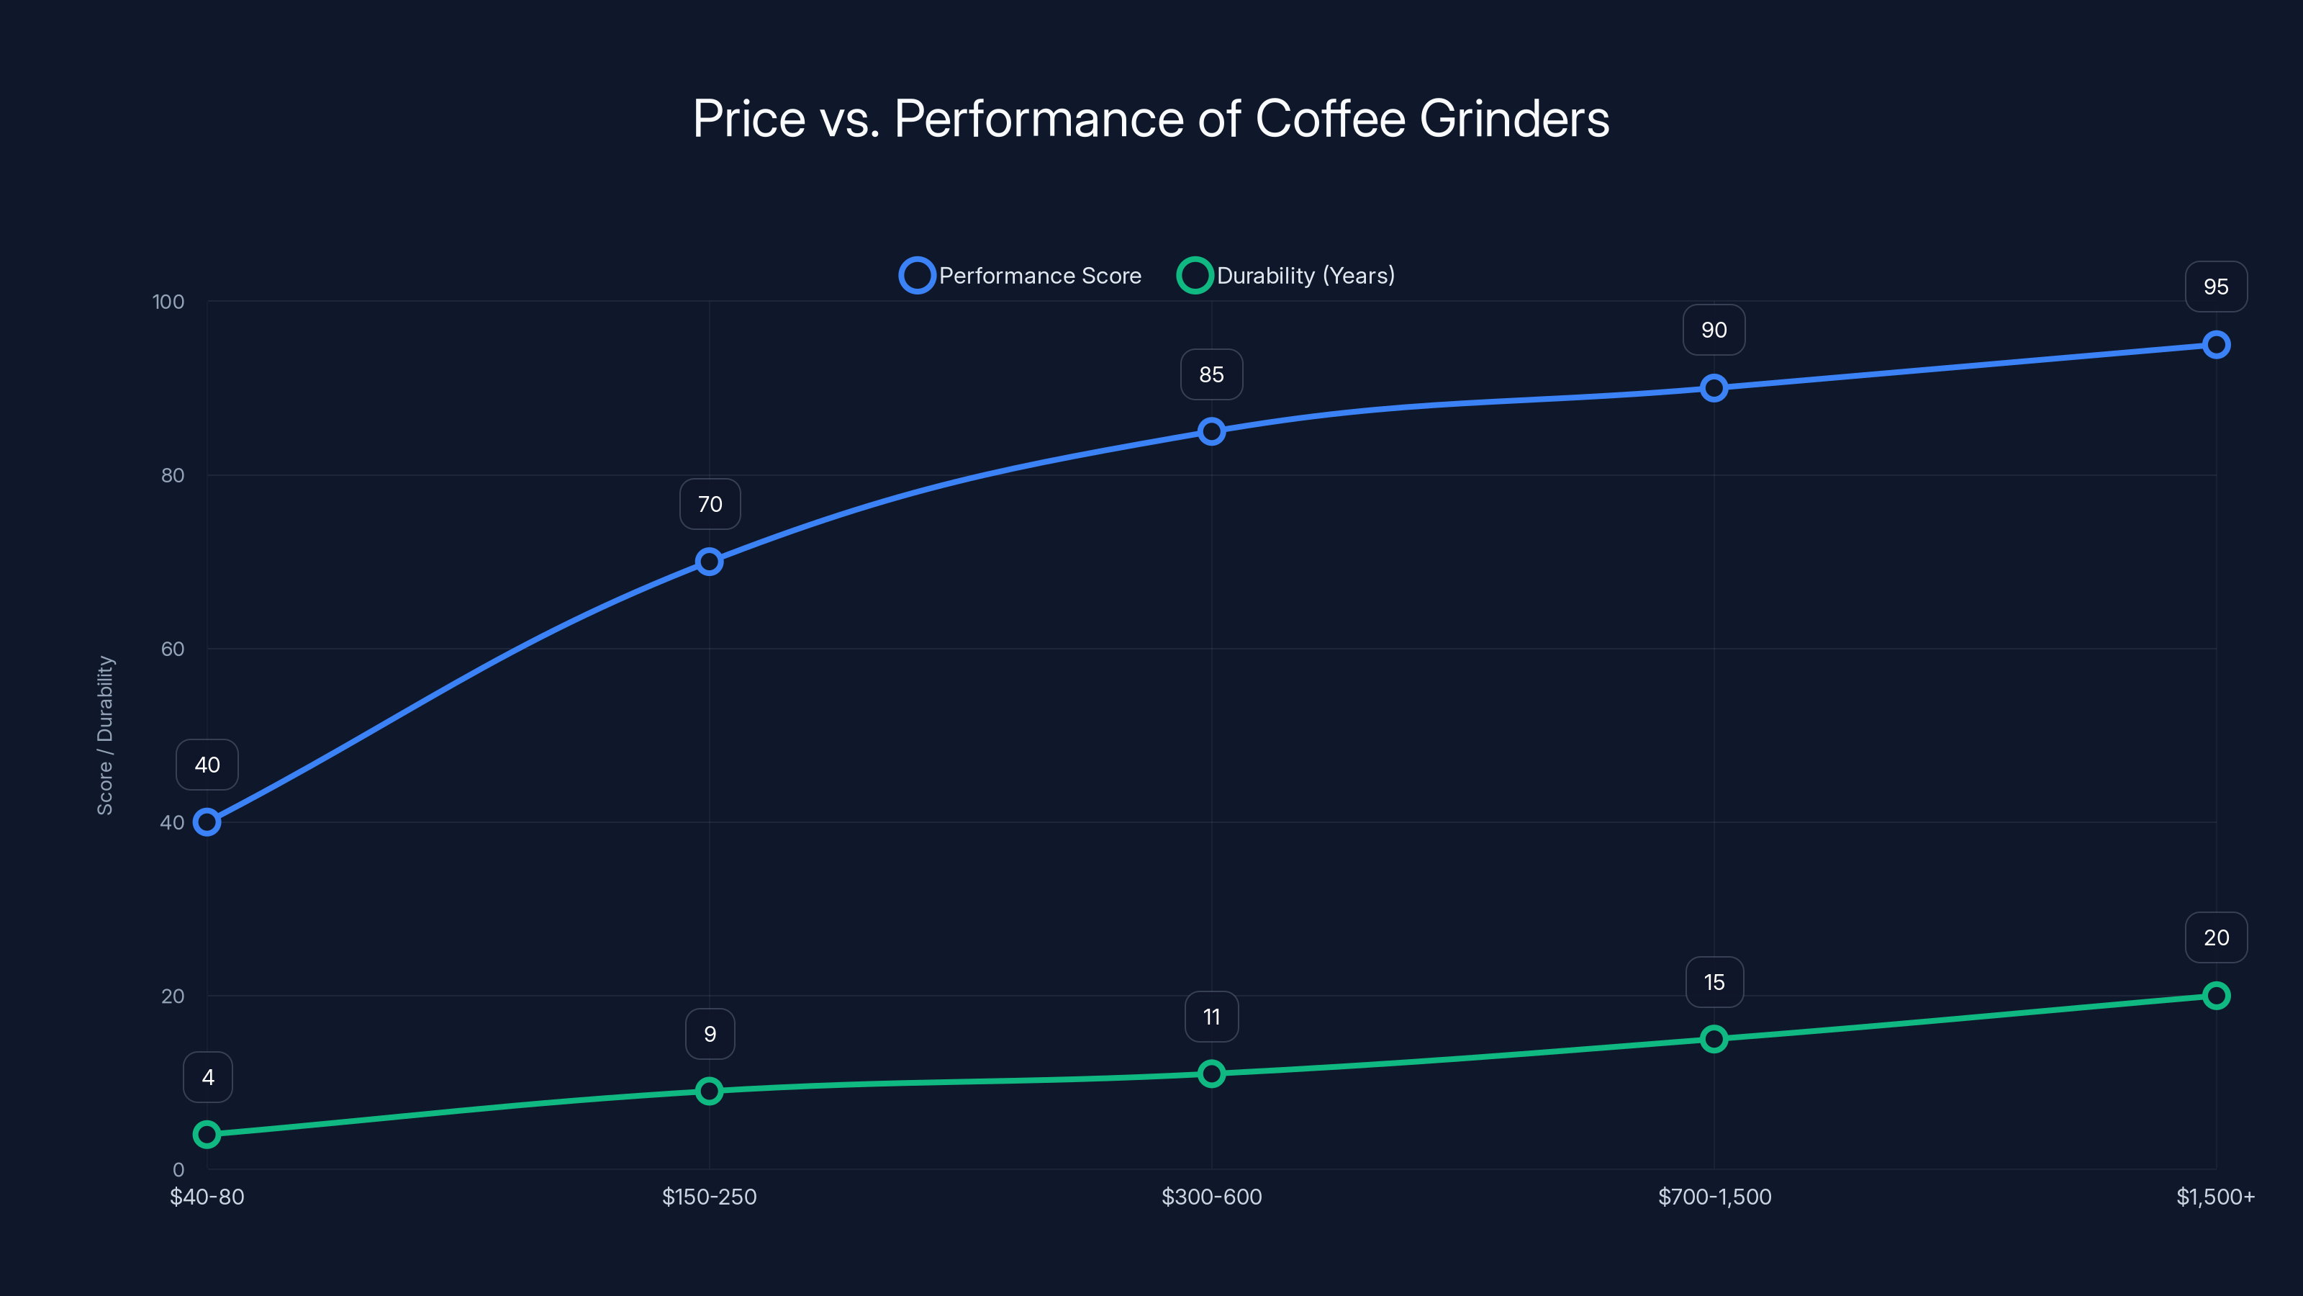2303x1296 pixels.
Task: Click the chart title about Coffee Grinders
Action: [1151, 119]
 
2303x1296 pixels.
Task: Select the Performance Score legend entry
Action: [1021, 276]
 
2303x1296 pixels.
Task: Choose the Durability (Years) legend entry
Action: [1287, 276]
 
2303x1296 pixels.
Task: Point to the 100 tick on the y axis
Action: [168, 302]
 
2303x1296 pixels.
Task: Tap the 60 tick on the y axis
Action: [173, 649]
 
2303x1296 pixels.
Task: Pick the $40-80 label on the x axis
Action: [207, 1197]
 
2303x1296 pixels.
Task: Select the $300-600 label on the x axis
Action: [1211, 1197]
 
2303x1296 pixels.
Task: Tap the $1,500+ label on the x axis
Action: [2215, 1197]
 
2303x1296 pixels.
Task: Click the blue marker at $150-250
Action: [709, 562]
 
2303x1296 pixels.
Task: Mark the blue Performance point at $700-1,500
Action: [1714, 388]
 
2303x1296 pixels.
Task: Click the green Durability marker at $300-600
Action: [1211, 1074]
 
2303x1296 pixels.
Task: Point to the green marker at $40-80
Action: [207, 1134]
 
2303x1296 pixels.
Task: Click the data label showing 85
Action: [1211, 374]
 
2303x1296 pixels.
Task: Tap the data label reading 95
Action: [2215, 287]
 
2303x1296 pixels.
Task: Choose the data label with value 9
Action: [710, 1034]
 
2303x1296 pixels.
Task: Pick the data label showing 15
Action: [1714, 982]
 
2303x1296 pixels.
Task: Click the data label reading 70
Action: [710, 505]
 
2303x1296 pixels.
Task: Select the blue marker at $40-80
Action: [207, 822]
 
